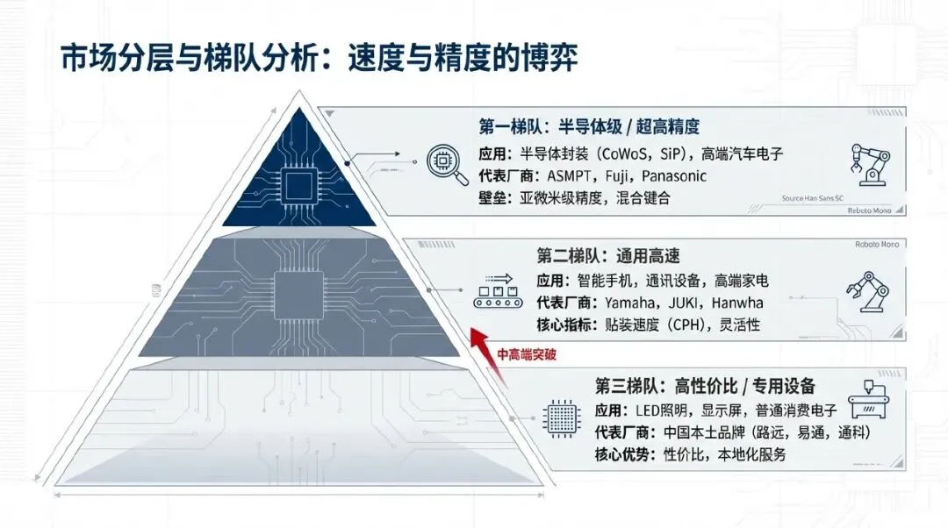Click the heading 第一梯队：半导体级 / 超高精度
click(589, 126)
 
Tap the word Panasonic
click(674, 175)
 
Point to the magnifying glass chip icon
click(445, 162)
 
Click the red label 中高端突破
click(528, 355)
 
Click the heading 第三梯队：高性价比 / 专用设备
click(706, 386)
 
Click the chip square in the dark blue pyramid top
click(300, 186)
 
